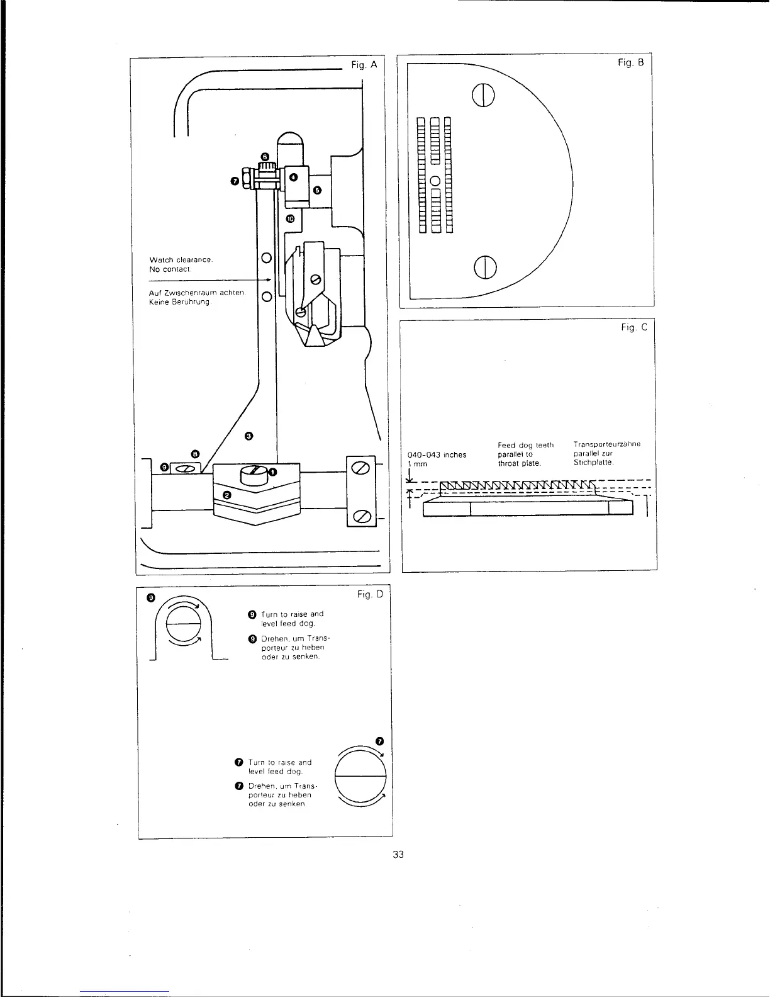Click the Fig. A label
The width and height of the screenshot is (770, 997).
point(365,64)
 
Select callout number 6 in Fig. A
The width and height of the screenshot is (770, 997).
point(265,156)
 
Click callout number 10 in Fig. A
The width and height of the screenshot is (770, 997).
point(290,219)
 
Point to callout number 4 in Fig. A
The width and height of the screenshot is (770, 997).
point(293,177)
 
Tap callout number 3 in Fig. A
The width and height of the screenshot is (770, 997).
point(248,436)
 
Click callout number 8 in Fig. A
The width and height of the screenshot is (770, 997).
point(195,453)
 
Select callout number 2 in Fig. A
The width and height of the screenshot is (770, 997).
point(228,495)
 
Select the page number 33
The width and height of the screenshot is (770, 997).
point(398,854)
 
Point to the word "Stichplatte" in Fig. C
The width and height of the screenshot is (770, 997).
point(593,463)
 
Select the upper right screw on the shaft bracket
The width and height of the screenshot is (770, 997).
point(361,468)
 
